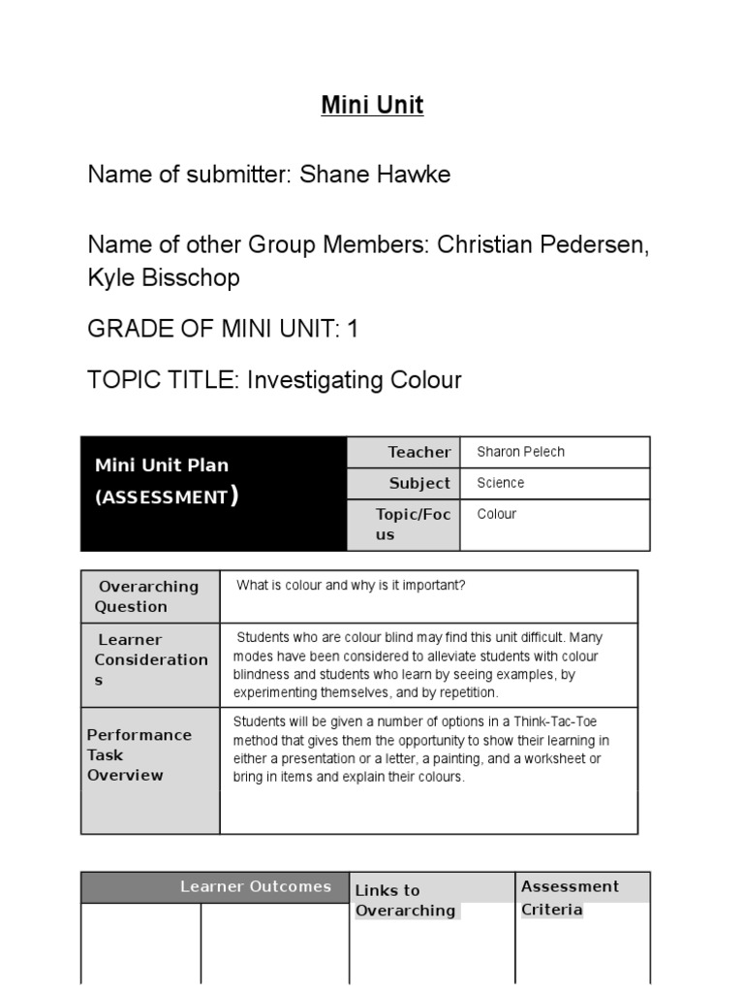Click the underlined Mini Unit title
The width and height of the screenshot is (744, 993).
[372, 105]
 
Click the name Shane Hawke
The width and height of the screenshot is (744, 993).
[375, 175]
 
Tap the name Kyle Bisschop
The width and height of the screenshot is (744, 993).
[164, 278]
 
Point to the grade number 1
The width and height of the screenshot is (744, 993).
[353, 329]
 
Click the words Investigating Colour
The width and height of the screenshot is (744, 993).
[355, 380]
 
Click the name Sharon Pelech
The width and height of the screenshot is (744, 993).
[520, 452]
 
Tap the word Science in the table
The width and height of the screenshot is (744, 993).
[501, 483]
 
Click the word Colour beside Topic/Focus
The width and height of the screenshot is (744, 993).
[497, 514]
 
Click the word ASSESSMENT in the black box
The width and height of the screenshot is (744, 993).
[161, 497]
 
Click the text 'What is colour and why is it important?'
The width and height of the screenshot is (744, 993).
[351, 586]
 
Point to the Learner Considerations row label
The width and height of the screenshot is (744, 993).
[150, 659]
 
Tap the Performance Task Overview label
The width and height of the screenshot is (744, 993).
[139, 754]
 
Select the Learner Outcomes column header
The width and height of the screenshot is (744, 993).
[255, 886]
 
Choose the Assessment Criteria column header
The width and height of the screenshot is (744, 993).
[570, 897]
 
